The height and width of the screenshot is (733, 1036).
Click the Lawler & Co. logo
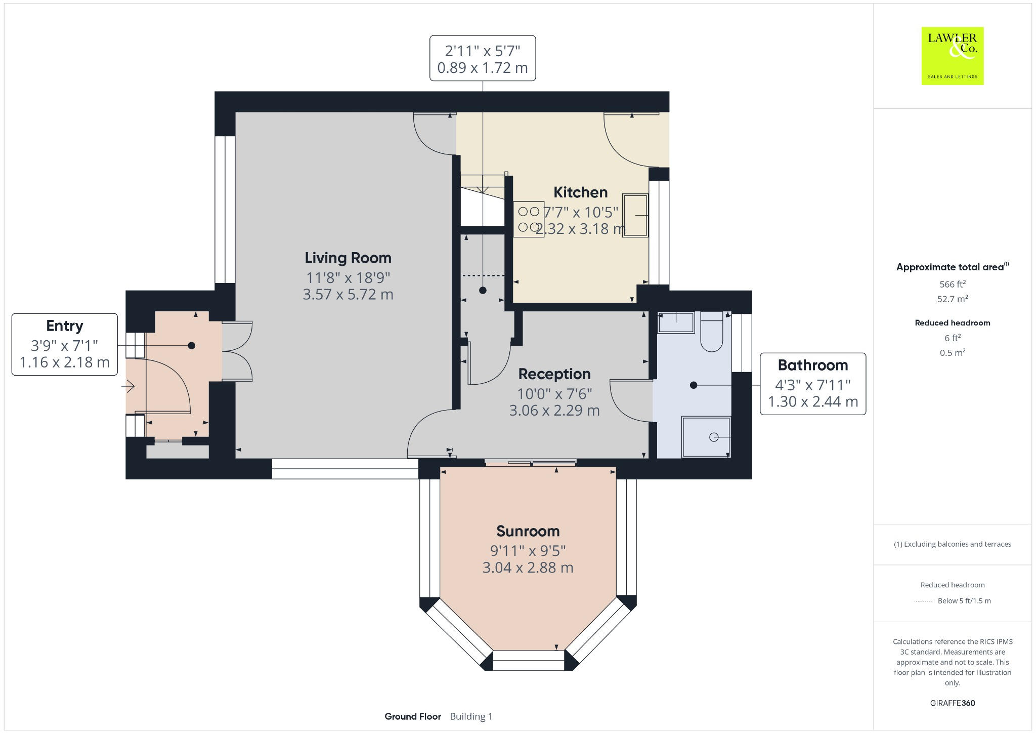952,56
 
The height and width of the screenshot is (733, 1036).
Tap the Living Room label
348,258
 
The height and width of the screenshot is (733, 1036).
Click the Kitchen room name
580,192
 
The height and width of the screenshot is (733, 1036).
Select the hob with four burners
529,220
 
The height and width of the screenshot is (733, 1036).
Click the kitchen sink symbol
635,215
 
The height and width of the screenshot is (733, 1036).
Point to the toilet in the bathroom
712,332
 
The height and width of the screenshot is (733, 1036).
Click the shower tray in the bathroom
706,437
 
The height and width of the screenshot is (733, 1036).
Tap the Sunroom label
528,531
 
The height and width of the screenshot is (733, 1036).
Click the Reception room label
554,374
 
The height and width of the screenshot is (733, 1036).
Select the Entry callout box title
65,326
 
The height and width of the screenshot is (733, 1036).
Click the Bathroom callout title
813,365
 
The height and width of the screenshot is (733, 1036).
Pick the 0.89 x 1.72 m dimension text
483,68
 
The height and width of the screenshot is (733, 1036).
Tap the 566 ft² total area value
953,284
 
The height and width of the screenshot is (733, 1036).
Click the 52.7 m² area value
953,299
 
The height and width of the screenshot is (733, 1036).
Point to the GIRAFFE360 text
953,703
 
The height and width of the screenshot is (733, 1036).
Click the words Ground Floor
413,716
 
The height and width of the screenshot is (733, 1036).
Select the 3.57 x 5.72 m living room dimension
348,295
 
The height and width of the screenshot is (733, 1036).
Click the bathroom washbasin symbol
676,322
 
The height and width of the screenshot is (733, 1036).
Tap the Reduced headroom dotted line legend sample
923,601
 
